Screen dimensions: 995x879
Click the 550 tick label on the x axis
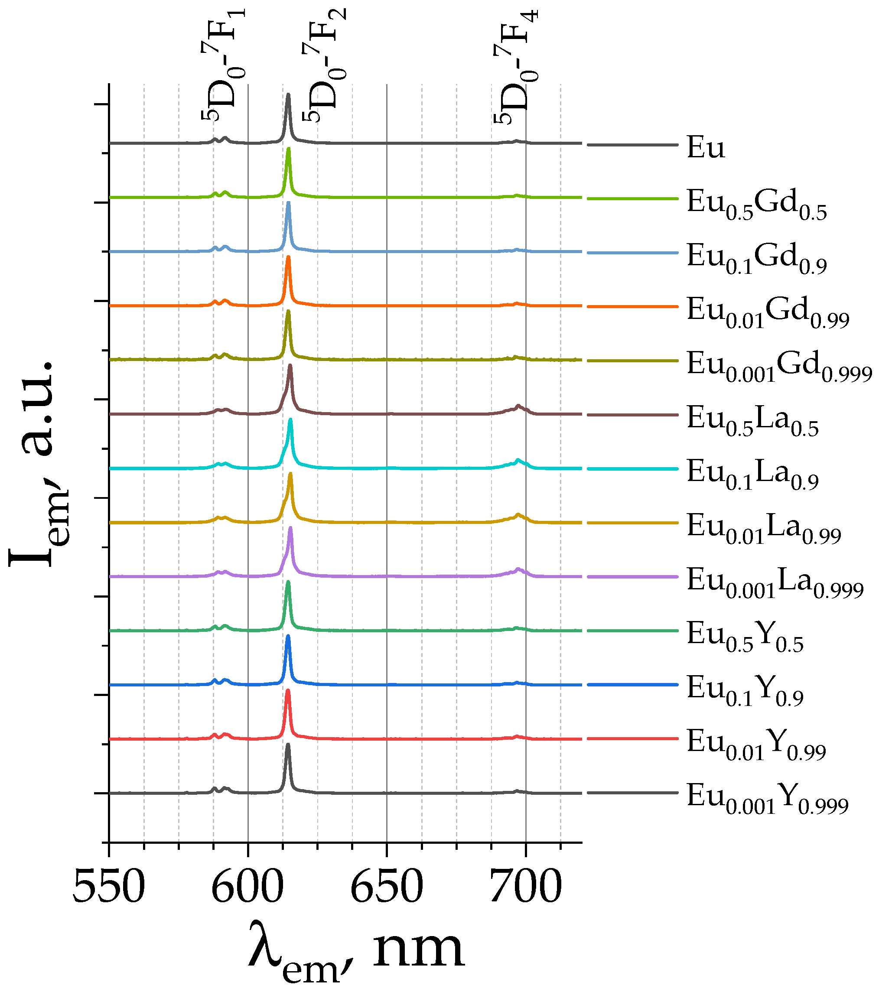click(109, 887)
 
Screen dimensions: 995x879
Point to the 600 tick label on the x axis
click(247, 887)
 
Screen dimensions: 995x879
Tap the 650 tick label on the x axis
click(387, 887)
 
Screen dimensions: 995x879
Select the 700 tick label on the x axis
click(525, 887)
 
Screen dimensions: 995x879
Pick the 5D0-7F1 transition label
click(224, 63)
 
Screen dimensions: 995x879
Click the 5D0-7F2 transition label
click(324, 63)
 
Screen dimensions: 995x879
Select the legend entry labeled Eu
click(705, 147)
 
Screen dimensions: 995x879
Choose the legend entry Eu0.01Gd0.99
click(767, 312)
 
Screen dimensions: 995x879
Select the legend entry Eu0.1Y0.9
click(744, 690)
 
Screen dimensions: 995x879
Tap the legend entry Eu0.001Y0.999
click(767, 798)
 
